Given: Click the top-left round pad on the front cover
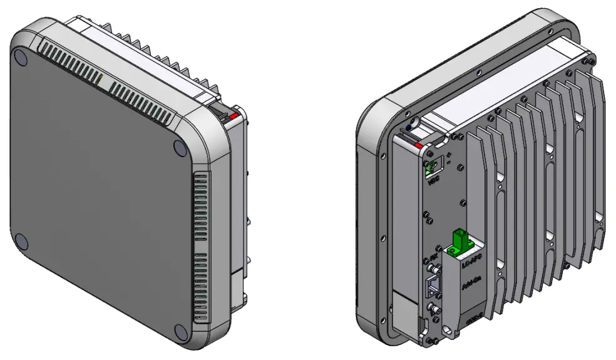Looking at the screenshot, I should pyautogui.click(x=21, y=58).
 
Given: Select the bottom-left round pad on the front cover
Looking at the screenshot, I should pyautogui.click(x=20, y=241).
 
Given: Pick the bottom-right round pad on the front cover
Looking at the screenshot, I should pyautogui.click(x=180, y=332).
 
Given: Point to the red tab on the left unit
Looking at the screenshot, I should pyautogui.click(x=234, y=116).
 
